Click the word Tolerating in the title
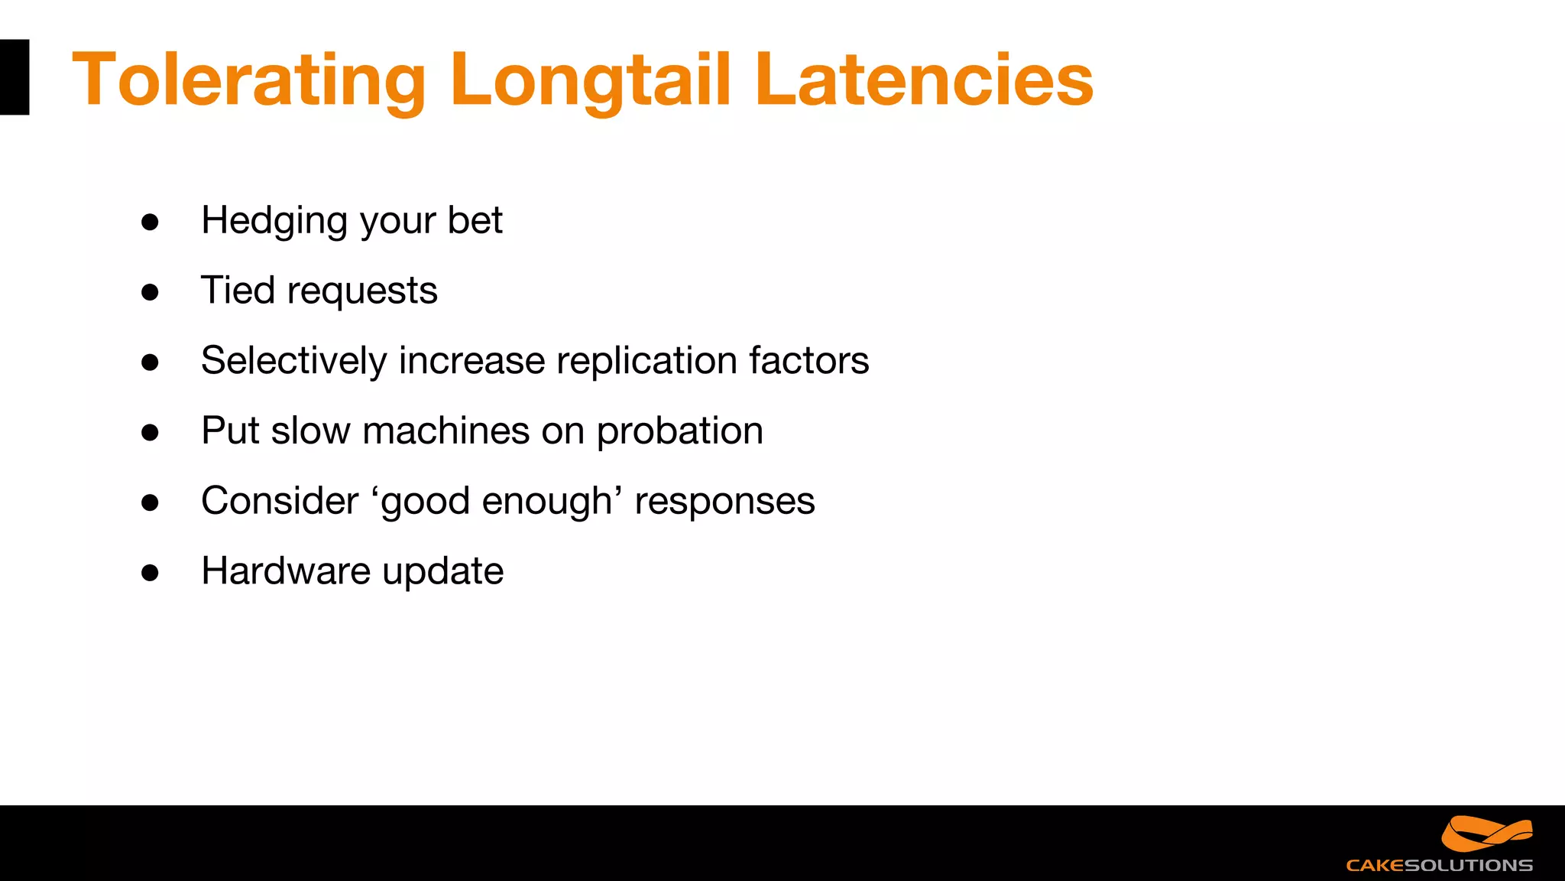pyautogui.click(x=248, y=80)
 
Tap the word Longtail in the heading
pyautogui.click(x=590, y=80)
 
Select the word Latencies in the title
pyautogui.click(x=924, y=80)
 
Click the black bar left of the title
pyautogui.click(x=14, y=77)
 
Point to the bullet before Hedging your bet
pyautogui.click(x=150, y=222)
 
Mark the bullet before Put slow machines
pyautogui.click(x=150, y=432)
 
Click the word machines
pyautogui.click(x=446, y=431)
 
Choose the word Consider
pyautogui.click(x=279, y=501)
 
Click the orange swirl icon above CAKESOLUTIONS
pyautogui.click(x=1486, y=834)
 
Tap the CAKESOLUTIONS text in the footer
pyautogui.click(x=1439, y=866)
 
